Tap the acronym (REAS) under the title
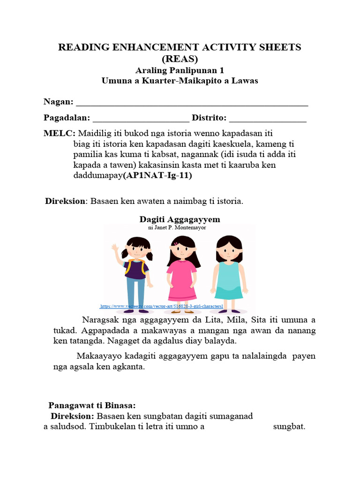[180, 59]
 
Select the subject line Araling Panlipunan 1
[180, 70]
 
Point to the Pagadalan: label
[67, 118]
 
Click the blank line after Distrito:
[268, 119]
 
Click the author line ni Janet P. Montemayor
[177, 227]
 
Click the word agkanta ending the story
[131, 367]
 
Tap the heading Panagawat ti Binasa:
[92, 405]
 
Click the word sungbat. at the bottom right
[289, 427]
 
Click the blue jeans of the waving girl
[135, 293]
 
